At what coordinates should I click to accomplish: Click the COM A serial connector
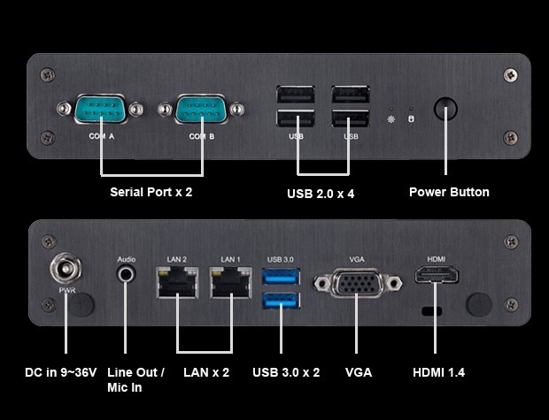tap(100, 109)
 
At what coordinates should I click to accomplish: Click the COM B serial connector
tap(201, 109)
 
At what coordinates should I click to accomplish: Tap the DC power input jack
tap(66, 269)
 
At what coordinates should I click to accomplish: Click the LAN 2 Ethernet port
tap(177, 282)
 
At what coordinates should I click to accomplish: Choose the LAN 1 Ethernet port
tap(231, 282)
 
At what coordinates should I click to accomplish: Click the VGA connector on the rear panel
tap(358, 283)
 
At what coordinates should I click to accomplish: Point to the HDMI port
tap(437, 274)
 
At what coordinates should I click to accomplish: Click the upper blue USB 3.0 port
tap(281, 277)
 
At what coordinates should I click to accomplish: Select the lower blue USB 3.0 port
tap(281, 301)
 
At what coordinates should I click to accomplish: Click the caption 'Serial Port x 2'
tap(151, 192)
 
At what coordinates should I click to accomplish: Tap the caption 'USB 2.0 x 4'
tap(321, 194)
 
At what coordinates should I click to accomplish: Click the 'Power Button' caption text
tap(449, 192)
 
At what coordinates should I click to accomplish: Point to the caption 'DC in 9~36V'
tap(61, 372)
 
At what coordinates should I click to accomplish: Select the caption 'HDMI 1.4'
tap(438, 372)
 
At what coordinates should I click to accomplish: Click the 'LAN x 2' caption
tap(206, 372)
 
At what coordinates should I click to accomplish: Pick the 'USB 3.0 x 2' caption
tap(286, 372)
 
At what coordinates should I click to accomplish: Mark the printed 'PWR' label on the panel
tap(67, 290)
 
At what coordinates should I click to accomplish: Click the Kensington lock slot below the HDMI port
tap(432, 311)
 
